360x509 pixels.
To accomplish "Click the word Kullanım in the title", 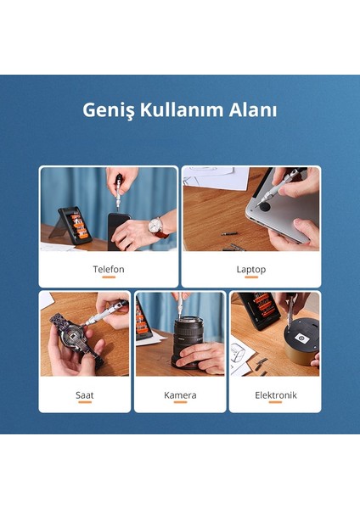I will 178,111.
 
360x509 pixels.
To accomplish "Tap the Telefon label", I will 109,269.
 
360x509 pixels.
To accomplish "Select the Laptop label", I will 251,269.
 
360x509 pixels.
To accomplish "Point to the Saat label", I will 85,394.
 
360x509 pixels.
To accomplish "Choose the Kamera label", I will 180,394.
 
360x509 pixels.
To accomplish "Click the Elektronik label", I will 275,394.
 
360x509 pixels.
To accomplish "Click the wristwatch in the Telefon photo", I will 155,227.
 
